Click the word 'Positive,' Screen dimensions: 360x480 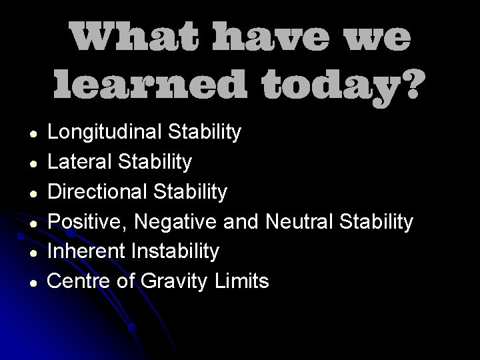coord(92,222)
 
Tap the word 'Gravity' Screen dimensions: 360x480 coord(175,282)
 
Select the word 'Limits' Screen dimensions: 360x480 coord(243,281)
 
